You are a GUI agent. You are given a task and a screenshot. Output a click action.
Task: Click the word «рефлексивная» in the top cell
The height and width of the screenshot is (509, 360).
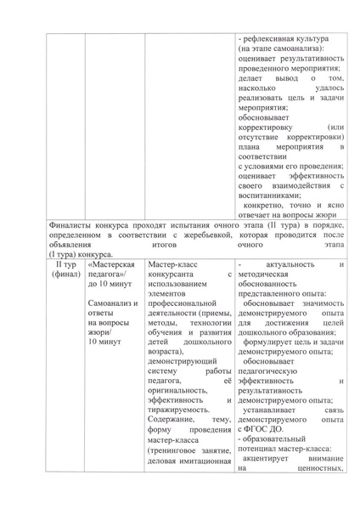point(271,39)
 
